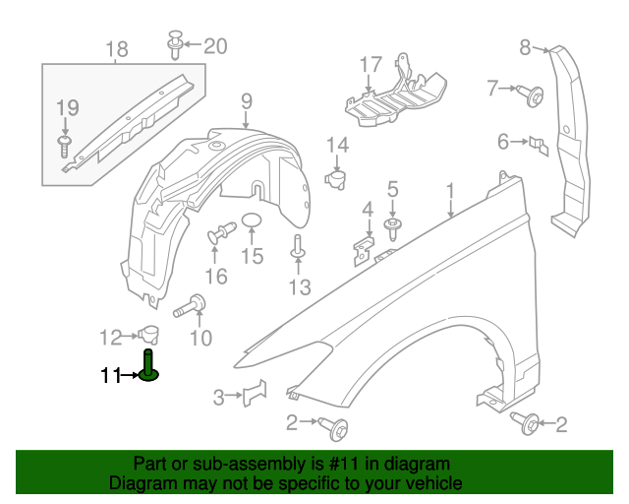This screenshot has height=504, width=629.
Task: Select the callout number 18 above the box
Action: [116, 49]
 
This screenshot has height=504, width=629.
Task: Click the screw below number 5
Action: [393, 229]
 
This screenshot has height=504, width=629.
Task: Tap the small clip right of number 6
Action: [538, 144]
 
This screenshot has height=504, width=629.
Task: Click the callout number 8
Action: [525, 46]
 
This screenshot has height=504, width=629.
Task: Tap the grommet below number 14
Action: [336, 179]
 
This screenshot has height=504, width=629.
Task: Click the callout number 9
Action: [246, 100]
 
